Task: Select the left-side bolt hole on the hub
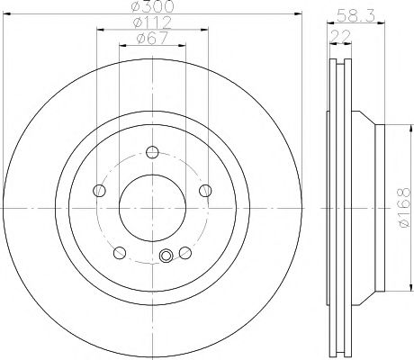tap(98, 189)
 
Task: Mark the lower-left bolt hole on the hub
tap(119, 251)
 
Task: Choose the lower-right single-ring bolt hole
tap(184, 251)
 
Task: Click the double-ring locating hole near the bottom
tap(165, 258)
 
